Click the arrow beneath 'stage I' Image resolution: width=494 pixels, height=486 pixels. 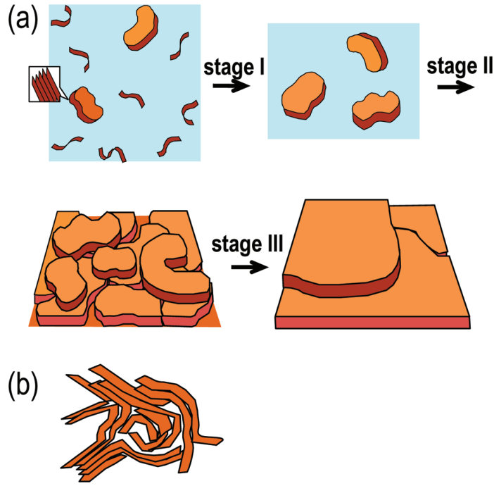click(231, 85)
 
